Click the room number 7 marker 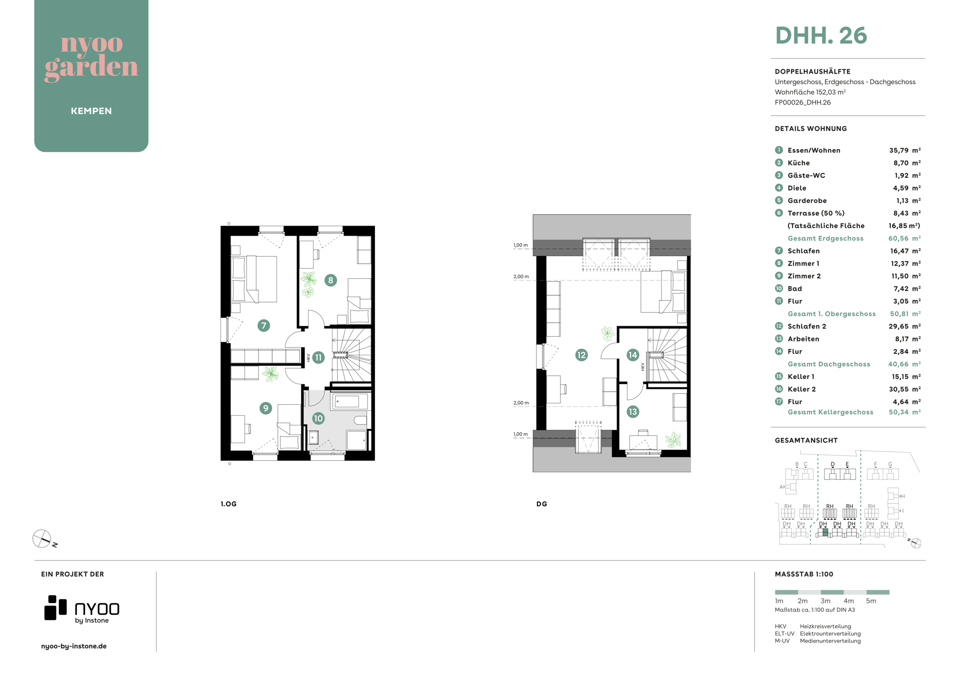263,326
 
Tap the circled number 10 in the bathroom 318,418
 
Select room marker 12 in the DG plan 581,355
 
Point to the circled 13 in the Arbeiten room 633,412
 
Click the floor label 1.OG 228,504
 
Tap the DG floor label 541,504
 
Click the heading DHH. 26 821,36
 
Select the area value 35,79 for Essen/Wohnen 898,150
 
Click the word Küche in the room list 798,163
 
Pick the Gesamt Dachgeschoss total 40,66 898,364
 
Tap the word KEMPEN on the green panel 91,111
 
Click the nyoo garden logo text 91,57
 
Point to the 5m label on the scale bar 871,601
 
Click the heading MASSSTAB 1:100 804,574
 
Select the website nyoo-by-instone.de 74,646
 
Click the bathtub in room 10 349,401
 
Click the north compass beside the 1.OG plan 42,539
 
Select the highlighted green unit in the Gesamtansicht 825,532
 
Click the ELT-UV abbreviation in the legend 784,633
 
